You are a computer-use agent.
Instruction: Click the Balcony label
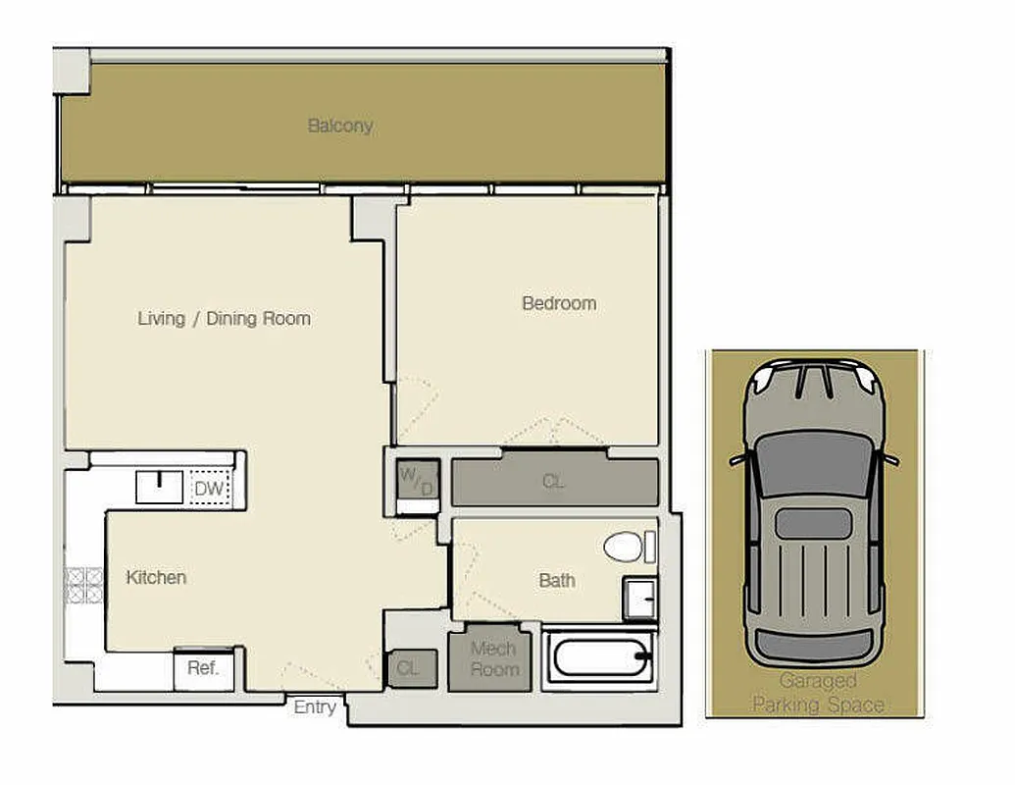340,126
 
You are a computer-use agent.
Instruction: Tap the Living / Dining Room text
224,318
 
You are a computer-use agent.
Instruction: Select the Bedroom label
558,303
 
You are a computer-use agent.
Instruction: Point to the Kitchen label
156,577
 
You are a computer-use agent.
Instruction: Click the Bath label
557,580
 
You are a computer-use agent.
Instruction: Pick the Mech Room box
493,659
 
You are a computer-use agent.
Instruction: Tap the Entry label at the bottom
315,706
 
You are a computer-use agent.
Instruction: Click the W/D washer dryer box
416,482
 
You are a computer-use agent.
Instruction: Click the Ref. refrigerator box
203,668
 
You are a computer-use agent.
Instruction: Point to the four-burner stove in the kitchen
83,585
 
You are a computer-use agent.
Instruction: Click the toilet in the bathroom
626,547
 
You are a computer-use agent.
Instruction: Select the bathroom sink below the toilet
639,598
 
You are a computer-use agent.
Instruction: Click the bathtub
601,656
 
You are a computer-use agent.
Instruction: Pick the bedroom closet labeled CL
554,482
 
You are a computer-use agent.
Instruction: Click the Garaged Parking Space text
817,693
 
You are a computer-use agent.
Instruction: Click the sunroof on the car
813,523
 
